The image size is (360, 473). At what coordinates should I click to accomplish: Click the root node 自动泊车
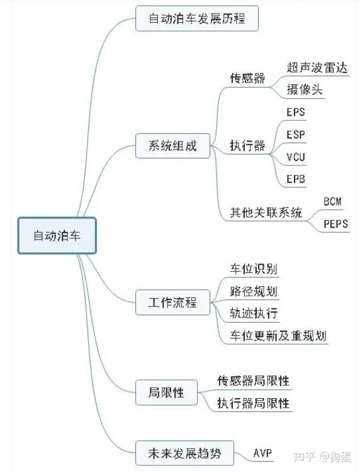(x=57, y=236)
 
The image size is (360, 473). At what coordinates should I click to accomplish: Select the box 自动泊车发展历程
(x=197, y=19)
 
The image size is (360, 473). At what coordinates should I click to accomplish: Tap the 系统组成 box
(x=172, y=146)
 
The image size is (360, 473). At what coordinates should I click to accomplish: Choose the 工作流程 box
(x=172, y=303)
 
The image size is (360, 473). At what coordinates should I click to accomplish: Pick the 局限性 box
(x=166, y=392)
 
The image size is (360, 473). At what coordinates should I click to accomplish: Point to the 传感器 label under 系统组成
(x=247, y=79)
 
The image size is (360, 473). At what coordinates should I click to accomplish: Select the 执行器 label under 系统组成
(x=247, y=146)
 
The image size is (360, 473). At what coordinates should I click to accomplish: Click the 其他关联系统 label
(x=266, y=213)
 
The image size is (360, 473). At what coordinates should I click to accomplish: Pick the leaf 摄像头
(x=305, y=90)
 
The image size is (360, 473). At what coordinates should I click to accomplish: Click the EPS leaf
(x=296, y=113)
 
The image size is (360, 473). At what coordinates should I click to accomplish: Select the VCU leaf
(x=296, y=157)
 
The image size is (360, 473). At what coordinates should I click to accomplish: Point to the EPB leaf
(x=296, y=179)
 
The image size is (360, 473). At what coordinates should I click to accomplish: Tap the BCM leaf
(x=332, y=201)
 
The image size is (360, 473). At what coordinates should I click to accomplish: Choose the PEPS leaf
(x=335, y=223)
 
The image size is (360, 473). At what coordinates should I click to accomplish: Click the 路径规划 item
(x=254, y=291)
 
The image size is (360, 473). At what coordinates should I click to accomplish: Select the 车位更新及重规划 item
(x=278, y=335)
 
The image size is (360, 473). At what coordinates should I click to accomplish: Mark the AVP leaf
(x=262, y=452)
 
